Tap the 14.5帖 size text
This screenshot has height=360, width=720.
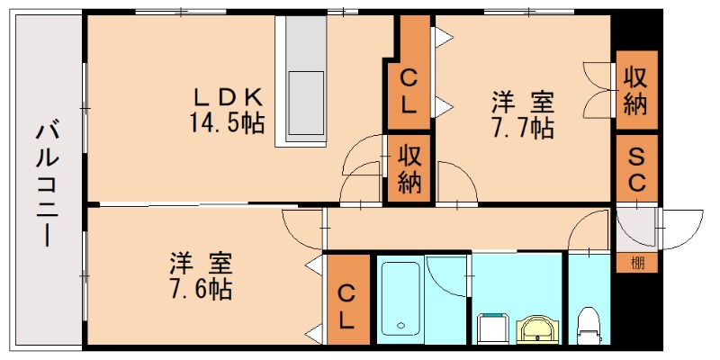pyautogui.click(x=227, y=121)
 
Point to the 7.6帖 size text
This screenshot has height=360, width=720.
pyautogui.click(x=202, y=290)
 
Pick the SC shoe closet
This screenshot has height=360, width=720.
pyautogui.click(x=636, y=168)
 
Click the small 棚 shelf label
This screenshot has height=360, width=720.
pyautogui.click(x=637, y=263)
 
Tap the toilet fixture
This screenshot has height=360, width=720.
pyautogui.click(x=589, y=325)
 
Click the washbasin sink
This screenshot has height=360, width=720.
pyautogui.click(x=537, y=328)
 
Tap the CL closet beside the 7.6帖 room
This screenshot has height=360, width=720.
pyautogui.click(x=347, y=306)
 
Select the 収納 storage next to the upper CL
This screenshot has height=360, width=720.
pyautogui.click(x=409, y=169)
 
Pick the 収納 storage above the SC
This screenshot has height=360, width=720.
pyautogui.click(x=635, y=90)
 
